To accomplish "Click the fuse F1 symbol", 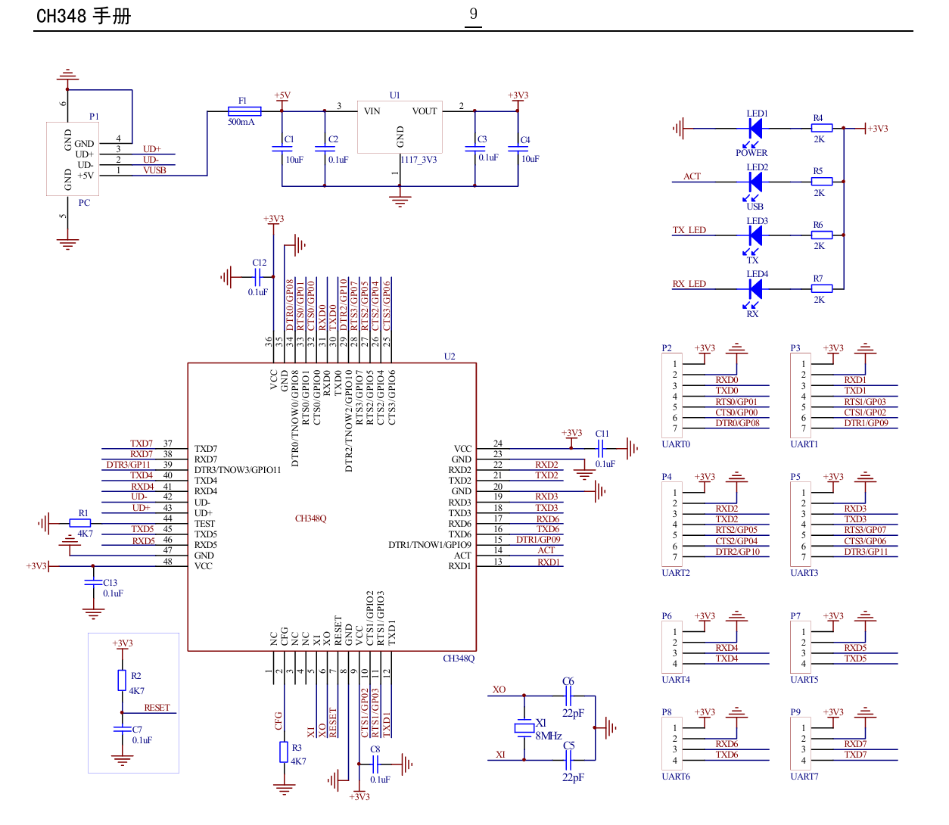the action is tap(244, 111).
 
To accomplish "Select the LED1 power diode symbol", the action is tap(755, 128).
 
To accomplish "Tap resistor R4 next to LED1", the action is tap(821, 128).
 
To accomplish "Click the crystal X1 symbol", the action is tap(524, 727).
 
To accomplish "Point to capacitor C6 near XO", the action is tap(568, 696).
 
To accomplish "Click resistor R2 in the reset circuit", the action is tap(122, 680).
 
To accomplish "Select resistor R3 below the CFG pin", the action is tap(284, 752).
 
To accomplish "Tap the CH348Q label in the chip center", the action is tap(310, 518).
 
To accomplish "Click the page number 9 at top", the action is tap(473, 14).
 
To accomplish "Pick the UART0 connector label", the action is tap(675, 444).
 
